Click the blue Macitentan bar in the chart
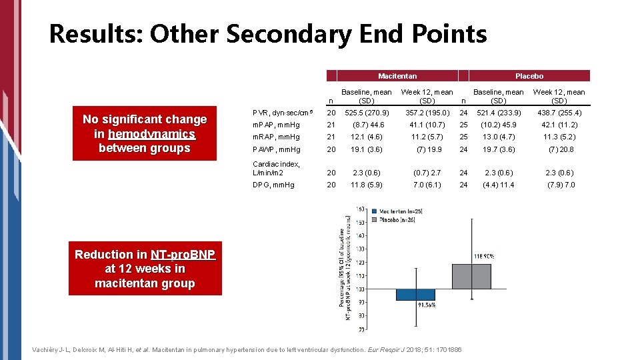click(415, 294)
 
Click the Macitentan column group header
click(397, 76)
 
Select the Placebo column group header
click(529, 76)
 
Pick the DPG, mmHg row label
click(273, 185)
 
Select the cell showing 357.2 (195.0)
click(427, 113)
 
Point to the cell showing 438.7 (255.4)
click(559, 113)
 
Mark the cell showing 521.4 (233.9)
click(499, 113)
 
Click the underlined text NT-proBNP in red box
click(177, 255)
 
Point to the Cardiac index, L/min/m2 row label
click(276, 168)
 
